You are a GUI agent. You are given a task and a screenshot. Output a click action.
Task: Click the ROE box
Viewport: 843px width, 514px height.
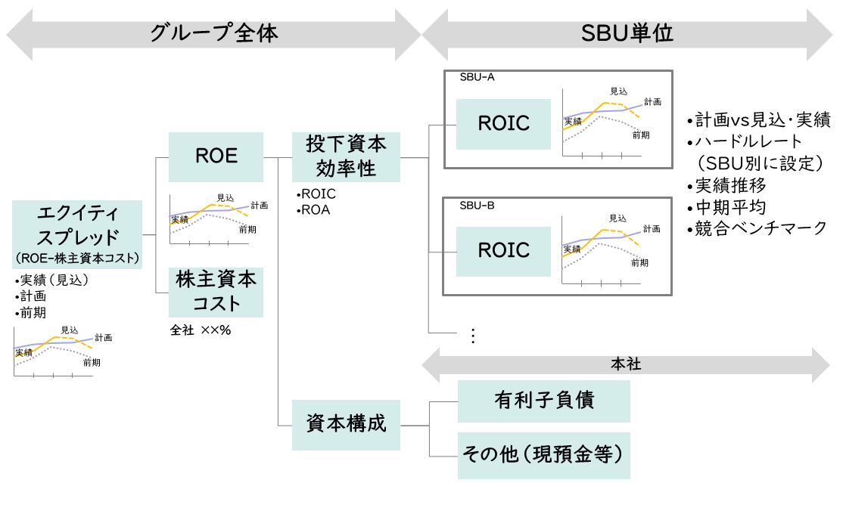tap(216, 156)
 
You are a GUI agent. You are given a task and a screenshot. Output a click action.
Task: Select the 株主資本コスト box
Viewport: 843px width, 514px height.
tap(216, 292)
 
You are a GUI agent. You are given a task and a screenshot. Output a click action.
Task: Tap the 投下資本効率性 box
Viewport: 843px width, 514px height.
tap(345, 156)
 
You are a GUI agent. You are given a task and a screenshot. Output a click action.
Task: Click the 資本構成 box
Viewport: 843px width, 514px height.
tap(345, 424)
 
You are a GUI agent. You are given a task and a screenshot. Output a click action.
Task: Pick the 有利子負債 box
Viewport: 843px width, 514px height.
tap(543, 401)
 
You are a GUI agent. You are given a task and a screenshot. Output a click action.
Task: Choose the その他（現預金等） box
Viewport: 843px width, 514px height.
tap(543, 455)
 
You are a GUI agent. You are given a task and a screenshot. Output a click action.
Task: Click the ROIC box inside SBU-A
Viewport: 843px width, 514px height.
tap(503, 124)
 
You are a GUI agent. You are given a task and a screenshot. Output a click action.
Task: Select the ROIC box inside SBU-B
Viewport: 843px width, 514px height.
tap(503, 249)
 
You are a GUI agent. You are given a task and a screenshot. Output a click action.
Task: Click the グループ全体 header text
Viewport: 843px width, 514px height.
tap(214, 33)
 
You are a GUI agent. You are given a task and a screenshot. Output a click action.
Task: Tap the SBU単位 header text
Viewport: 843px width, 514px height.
tap(627, 33)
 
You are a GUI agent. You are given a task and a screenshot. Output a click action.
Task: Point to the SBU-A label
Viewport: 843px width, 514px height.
tap(477, 77)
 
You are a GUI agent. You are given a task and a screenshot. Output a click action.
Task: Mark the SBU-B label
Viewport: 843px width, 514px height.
tap(477, 205)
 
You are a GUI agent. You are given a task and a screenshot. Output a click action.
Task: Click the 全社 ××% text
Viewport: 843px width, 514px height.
tap(200, 330)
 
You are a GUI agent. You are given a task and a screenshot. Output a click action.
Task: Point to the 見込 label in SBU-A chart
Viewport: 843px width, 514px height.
tap(617, 91)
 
